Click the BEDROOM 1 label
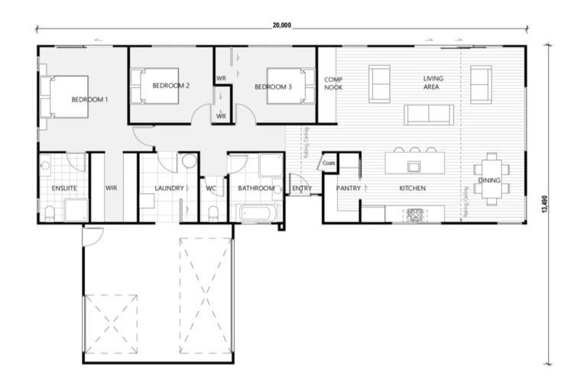tap(89, 100)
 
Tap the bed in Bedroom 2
tap(158, 86)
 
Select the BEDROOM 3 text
tap(273, 87)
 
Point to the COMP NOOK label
tap(333, 83)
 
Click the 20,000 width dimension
tap(281, 25)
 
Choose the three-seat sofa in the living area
tap(429, 115)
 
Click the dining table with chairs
tap(489, 179)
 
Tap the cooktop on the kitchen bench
tap(416, 214)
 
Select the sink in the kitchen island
tap(413, 166)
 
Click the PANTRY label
tap(348, 188)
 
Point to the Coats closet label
tap(329, 163)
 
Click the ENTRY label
tap(301, 188)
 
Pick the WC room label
tap(212, 188)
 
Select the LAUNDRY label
tap(169, 188)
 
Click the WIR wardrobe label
tap(111, 188)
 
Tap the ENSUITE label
tap(63, 188)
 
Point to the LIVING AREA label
tap(433, 82)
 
